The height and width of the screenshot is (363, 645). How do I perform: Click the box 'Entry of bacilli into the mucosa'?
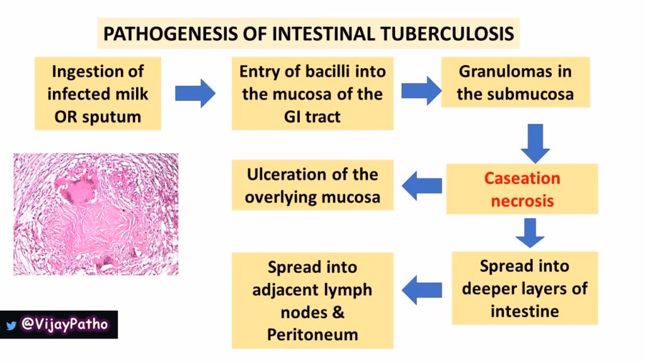click(x=312, y=93)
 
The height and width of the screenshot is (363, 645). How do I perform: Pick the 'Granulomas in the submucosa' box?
click(x=515, y=83)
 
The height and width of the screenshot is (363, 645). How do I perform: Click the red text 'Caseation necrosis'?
click(x=522, y=189)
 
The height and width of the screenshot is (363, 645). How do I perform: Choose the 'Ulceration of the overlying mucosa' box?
click(x=312, y=185)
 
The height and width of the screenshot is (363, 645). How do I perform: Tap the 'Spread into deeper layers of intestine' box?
click(x=524, y=287)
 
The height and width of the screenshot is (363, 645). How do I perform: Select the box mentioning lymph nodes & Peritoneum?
click(x=312, y=300)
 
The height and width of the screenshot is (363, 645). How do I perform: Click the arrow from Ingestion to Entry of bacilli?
click(x=195, y=94)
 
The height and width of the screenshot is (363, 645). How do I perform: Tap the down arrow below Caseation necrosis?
click(x=530, y=233)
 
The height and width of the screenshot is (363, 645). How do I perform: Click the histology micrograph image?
click(x=96, y=214)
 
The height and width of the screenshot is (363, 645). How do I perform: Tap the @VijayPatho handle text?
click(x=64, y=325)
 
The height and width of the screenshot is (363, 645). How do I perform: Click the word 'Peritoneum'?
click(x=312, y=333)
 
